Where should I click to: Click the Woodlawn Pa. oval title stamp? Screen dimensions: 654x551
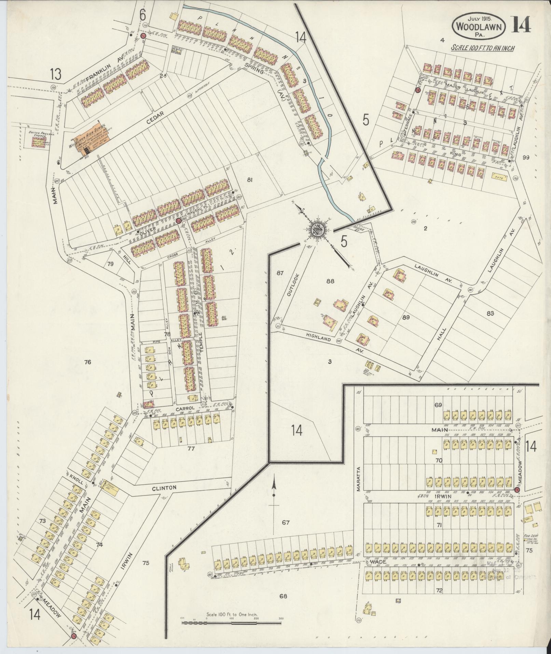(479, 26)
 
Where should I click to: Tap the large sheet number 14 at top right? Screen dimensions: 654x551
(521, 25)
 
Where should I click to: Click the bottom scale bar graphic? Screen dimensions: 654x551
(232, 623)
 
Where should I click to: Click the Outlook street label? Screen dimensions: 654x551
(290, 284)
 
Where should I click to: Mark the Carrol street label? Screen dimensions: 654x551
(185, 409)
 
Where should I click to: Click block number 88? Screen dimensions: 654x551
(330, 281)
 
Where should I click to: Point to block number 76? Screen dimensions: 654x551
(87, 362)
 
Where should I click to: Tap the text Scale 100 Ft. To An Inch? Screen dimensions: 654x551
(482, 48)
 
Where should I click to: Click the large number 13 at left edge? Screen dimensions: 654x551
(55, 74)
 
